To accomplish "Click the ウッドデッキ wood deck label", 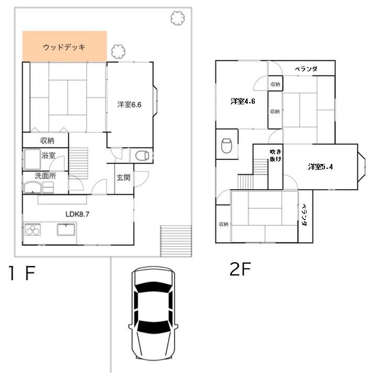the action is [x=64, y=47].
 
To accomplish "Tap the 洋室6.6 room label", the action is [x=129, y=105].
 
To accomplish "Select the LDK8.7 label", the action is [x=77, y=214].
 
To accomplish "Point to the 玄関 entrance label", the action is [x=123, y=178].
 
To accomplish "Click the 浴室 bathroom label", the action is [x=49, y=155].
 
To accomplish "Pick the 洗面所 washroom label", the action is [x=46, y=176].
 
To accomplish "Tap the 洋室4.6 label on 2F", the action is [x=243, y=101].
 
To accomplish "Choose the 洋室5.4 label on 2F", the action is [x=320, y=167].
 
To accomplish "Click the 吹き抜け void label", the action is [x=275, y=155].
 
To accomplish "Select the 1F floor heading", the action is [x=22, y=273].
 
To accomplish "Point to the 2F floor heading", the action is [x=240, y=269].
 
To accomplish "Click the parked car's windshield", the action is [x=153, y=327].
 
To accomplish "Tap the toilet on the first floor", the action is [x=142, y=156].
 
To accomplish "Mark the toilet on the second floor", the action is [x=227, y=146].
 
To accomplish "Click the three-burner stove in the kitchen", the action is [x=33, y=230].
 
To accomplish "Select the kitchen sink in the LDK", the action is [x=66, y=230].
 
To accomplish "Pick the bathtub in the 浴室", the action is [x=32, y=159].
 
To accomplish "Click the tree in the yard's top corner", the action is [x=177, y=18].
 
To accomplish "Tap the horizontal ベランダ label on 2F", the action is [x=306, y=69].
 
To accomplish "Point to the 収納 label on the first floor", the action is [x=47, y=140].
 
